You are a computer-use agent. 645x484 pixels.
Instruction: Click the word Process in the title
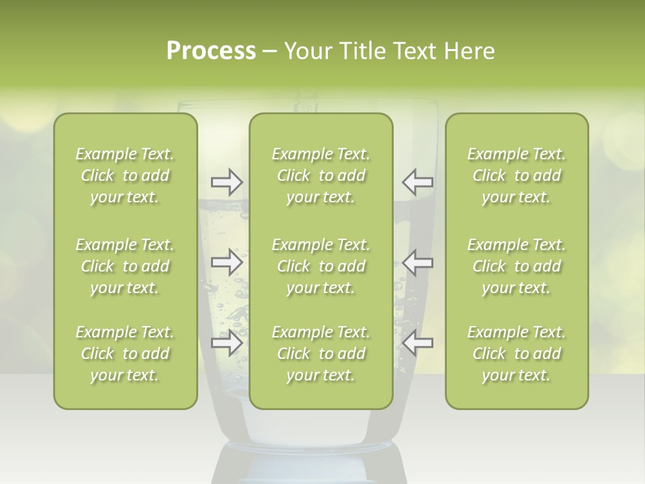211,52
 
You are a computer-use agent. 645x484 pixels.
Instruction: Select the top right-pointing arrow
226,182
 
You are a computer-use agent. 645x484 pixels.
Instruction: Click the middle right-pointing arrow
226,261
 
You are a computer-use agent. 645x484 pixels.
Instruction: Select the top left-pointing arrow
418,182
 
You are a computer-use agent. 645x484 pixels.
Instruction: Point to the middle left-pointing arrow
418,261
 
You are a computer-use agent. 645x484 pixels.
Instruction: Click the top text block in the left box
125,175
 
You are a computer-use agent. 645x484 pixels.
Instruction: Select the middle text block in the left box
125,266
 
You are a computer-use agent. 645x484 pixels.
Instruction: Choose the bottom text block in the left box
125,354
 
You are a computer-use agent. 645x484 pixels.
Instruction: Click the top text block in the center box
320,175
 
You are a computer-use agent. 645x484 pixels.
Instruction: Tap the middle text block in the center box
320,266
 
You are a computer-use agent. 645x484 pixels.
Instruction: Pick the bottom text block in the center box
320,354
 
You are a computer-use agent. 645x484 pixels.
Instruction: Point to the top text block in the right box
516,175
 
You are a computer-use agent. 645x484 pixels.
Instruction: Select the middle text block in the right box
516,266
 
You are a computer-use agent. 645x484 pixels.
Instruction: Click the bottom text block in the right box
516,354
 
